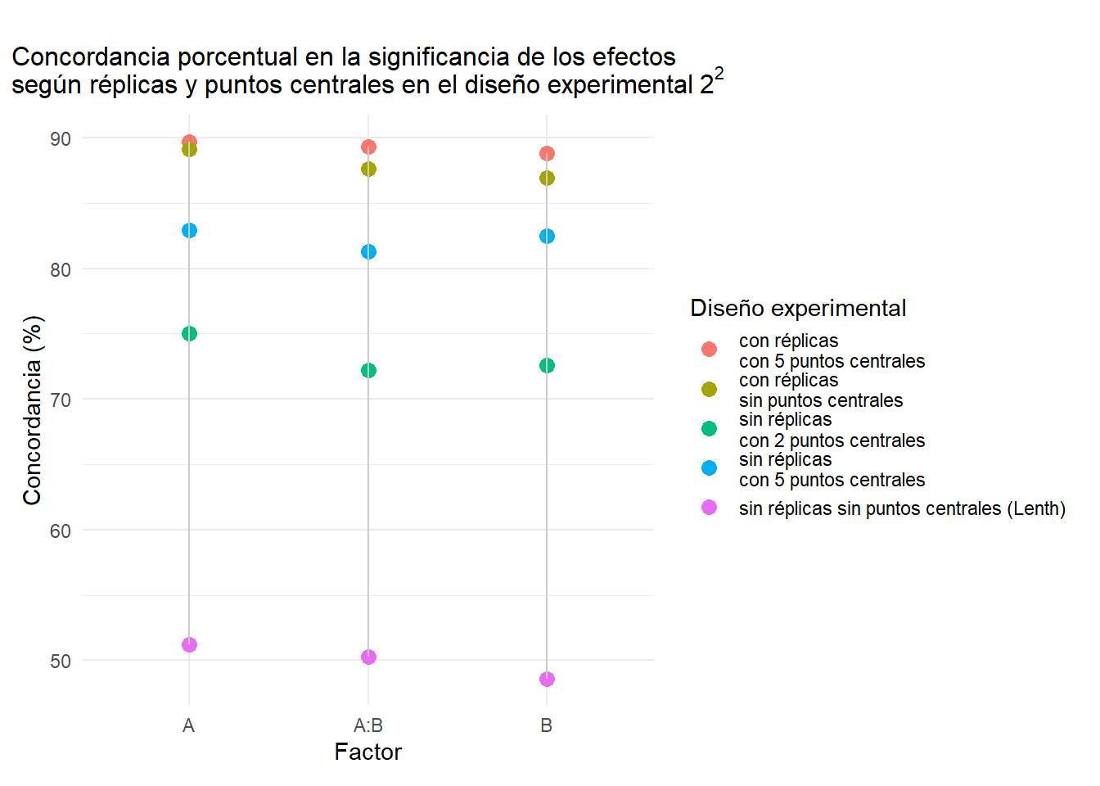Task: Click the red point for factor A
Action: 189,142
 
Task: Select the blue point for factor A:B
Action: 368,251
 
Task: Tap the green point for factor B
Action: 547,365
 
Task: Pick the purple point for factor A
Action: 189,644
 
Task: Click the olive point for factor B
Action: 547,178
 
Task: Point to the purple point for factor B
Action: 547,679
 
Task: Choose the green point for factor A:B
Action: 368,370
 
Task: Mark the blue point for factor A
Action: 189,230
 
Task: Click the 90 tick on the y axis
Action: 61,139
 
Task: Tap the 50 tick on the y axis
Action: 61,661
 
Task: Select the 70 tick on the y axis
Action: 61,400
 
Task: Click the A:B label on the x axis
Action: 368,725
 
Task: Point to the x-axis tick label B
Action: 547,725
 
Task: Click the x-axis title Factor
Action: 368,752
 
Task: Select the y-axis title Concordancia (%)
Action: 32,410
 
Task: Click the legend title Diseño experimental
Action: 798,308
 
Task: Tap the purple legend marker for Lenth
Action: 709,508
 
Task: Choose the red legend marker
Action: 709,350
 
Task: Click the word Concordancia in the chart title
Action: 91,57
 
